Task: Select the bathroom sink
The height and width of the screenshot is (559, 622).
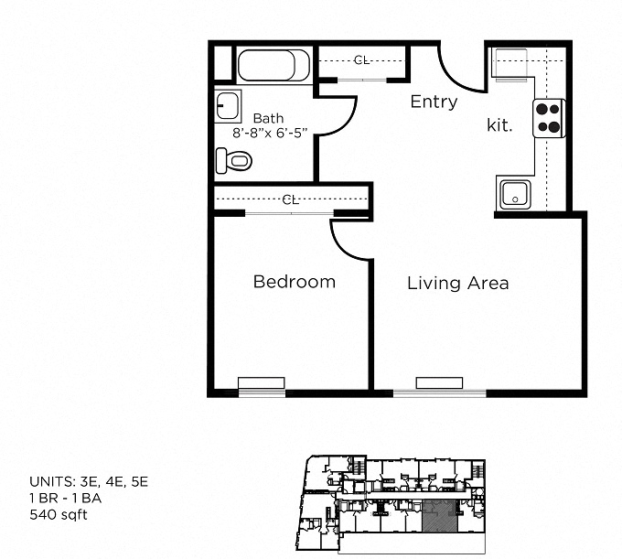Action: click(x=228, y=107)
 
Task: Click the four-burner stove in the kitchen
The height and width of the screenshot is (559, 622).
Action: click(x=548, y=118)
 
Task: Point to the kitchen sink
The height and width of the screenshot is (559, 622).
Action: click(x=514, y=193)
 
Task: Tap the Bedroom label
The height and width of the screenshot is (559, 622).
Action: click(x=294, y=282)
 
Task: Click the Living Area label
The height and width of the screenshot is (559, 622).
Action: click(x=457, y=283)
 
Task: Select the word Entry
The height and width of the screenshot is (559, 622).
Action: click(x=434, y=102)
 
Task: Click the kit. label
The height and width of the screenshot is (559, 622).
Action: click(x=499, y=126)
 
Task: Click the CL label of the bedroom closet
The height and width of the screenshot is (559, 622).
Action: click(x=291, y=199)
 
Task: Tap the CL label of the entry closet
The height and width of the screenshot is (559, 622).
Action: click(x=361, y=60)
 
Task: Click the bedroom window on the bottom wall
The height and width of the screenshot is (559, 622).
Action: click(x=262, y=384)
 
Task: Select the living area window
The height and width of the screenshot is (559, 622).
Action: click(x=440, y=384)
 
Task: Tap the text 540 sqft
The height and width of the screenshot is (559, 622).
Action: click(x=59, y=514)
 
